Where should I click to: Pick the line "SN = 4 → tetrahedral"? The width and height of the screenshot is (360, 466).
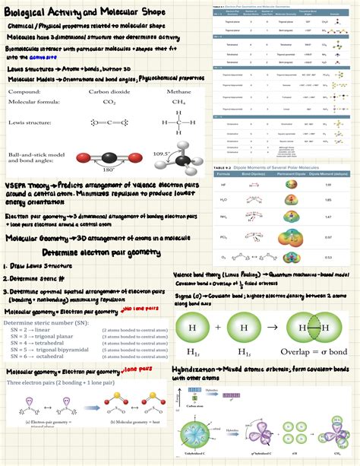[39, 344]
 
